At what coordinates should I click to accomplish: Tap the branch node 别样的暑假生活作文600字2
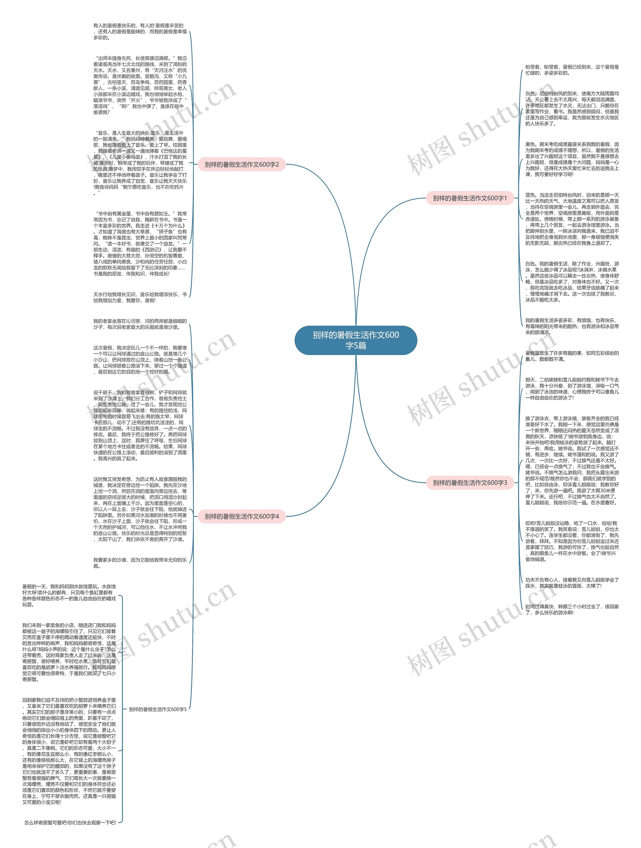pos(242,164)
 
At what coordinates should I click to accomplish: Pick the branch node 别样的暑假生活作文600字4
pos(242,517)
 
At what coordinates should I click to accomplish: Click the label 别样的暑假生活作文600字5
pos(157,709)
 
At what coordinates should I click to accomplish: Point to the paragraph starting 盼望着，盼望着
pos(572,70)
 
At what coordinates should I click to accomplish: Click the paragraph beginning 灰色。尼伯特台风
pos(572,108)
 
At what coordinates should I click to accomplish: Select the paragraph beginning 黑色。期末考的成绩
pos(572,159)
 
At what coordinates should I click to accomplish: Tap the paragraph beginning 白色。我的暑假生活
pos(572,282)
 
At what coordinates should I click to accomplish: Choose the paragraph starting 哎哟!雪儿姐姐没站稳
pos(572,541)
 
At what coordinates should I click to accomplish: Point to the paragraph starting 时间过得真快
pos(572,610)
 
